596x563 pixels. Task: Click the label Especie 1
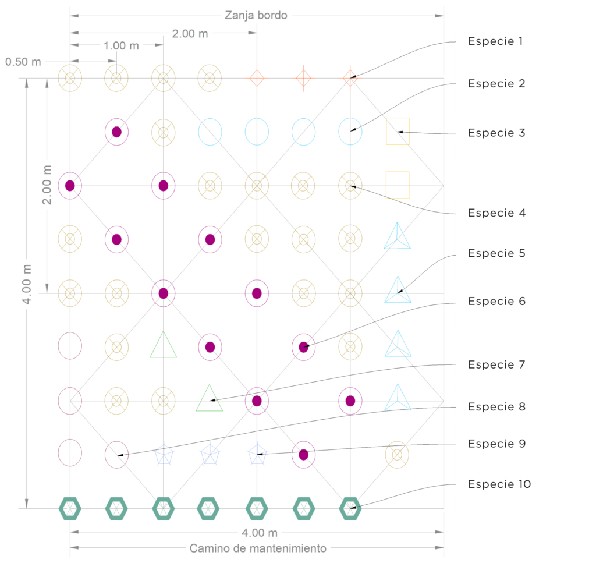(495, 41)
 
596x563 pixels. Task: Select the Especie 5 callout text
(496, 253)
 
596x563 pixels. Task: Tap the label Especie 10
(499, 484)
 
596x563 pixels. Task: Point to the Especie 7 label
(496, 364)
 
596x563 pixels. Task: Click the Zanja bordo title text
(256, 16)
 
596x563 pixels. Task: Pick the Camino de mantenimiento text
(258, 548)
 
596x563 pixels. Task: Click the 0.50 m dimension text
(24, 61)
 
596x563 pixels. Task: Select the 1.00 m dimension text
(122, 45)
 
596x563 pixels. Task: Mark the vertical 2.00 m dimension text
(47, 185)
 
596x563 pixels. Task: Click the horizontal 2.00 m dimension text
(190, 34)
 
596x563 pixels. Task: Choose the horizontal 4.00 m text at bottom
(257, 532)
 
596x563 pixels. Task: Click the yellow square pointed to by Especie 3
(398, 132)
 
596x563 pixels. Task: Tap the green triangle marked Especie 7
(210, 399)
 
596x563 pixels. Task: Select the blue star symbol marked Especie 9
(257, 454)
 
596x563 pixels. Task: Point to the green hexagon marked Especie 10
(350, 508)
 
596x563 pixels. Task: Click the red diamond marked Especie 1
(350, 77)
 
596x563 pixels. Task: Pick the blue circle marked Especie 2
(350, 132)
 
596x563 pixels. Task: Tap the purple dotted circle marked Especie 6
(303, 347)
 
